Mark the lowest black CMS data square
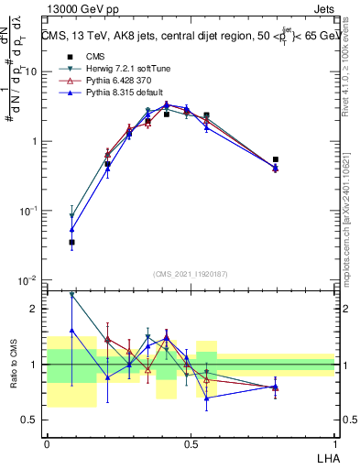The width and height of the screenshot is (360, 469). (x=71, y=243)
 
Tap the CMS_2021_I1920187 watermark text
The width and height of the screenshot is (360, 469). (x=190, y=272)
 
